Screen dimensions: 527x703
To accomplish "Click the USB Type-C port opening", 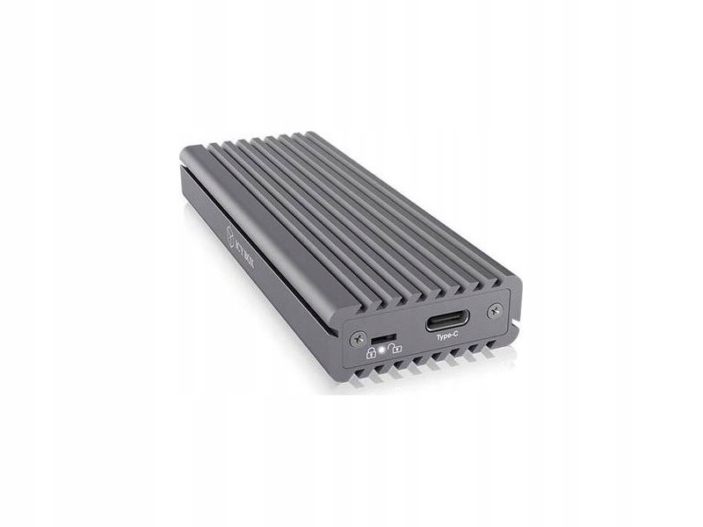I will (446, 321).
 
